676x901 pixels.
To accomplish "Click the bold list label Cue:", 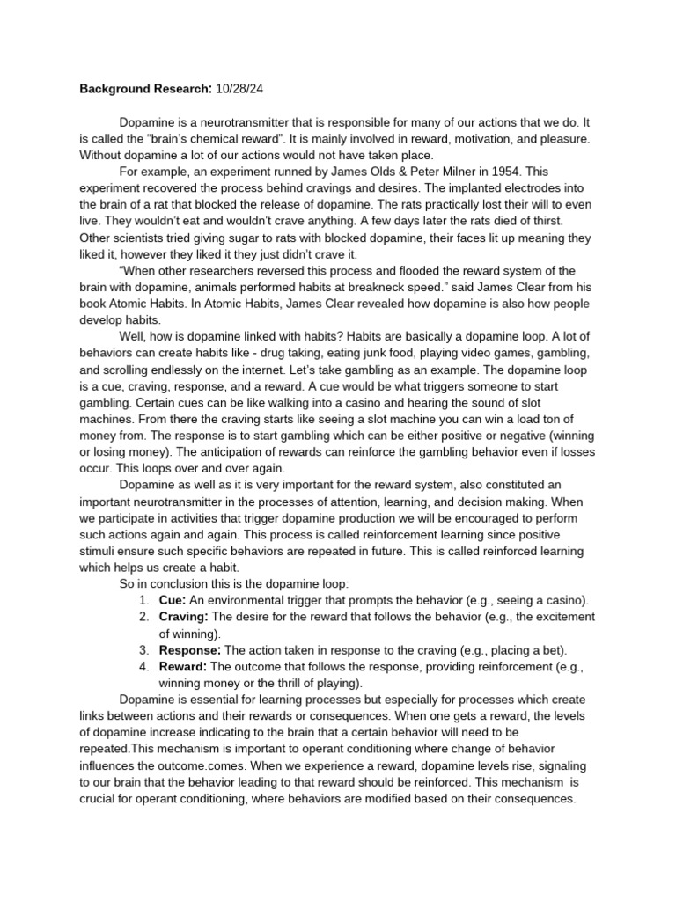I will click(x=173, y=600).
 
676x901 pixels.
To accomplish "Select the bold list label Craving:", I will click(x=183, y=617).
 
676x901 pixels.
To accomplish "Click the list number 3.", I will click(x=143, y=649).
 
